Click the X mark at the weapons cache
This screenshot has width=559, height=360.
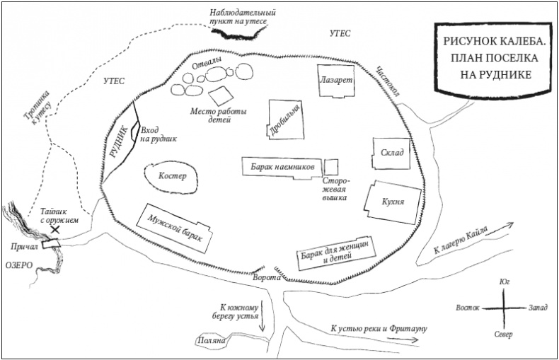54,229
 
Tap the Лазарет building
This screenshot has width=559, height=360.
335,81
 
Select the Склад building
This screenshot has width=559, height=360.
391,153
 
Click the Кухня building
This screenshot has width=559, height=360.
393,202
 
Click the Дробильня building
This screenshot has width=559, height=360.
287,121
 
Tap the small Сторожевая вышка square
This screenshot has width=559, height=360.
331,167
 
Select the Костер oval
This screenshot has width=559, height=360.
171,176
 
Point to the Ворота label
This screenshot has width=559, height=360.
266,279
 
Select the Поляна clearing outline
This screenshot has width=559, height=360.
211,341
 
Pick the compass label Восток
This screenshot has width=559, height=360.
467,308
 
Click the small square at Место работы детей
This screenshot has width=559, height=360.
220,95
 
